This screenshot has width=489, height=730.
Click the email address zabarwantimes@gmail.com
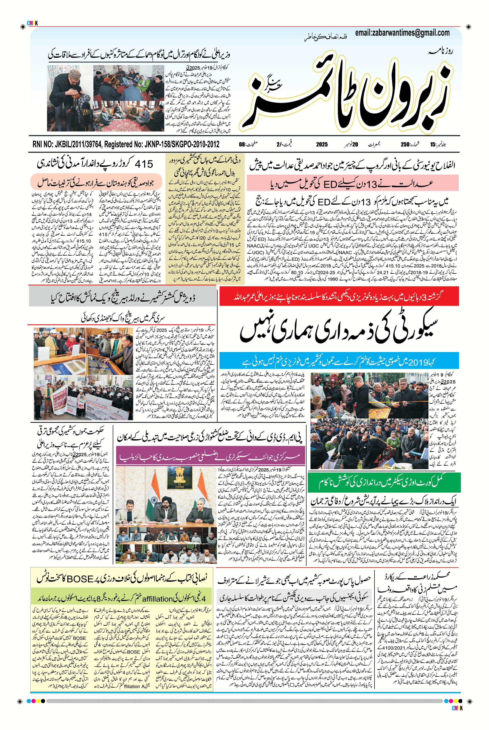coord(402,32)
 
